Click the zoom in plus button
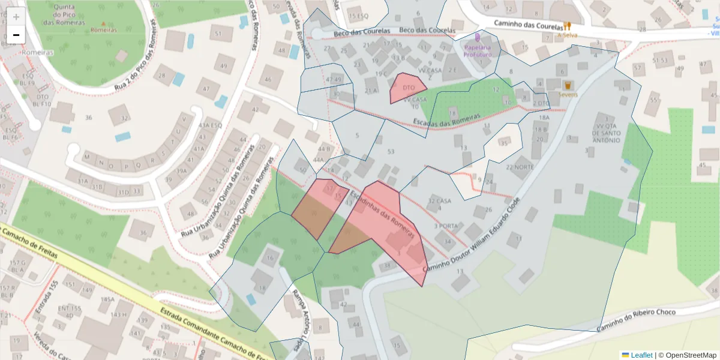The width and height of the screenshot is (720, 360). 16,16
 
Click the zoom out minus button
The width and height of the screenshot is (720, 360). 16,35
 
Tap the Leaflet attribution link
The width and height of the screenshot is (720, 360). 637,355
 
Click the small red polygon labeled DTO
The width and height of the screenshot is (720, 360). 407,88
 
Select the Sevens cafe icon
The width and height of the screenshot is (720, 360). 568,85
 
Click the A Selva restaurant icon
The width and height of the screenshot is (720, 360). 566,26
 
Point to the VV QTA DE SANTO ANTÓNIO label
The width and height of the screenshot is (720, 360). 605,133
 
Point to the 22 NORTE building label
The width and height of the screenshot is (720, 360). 520,167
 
